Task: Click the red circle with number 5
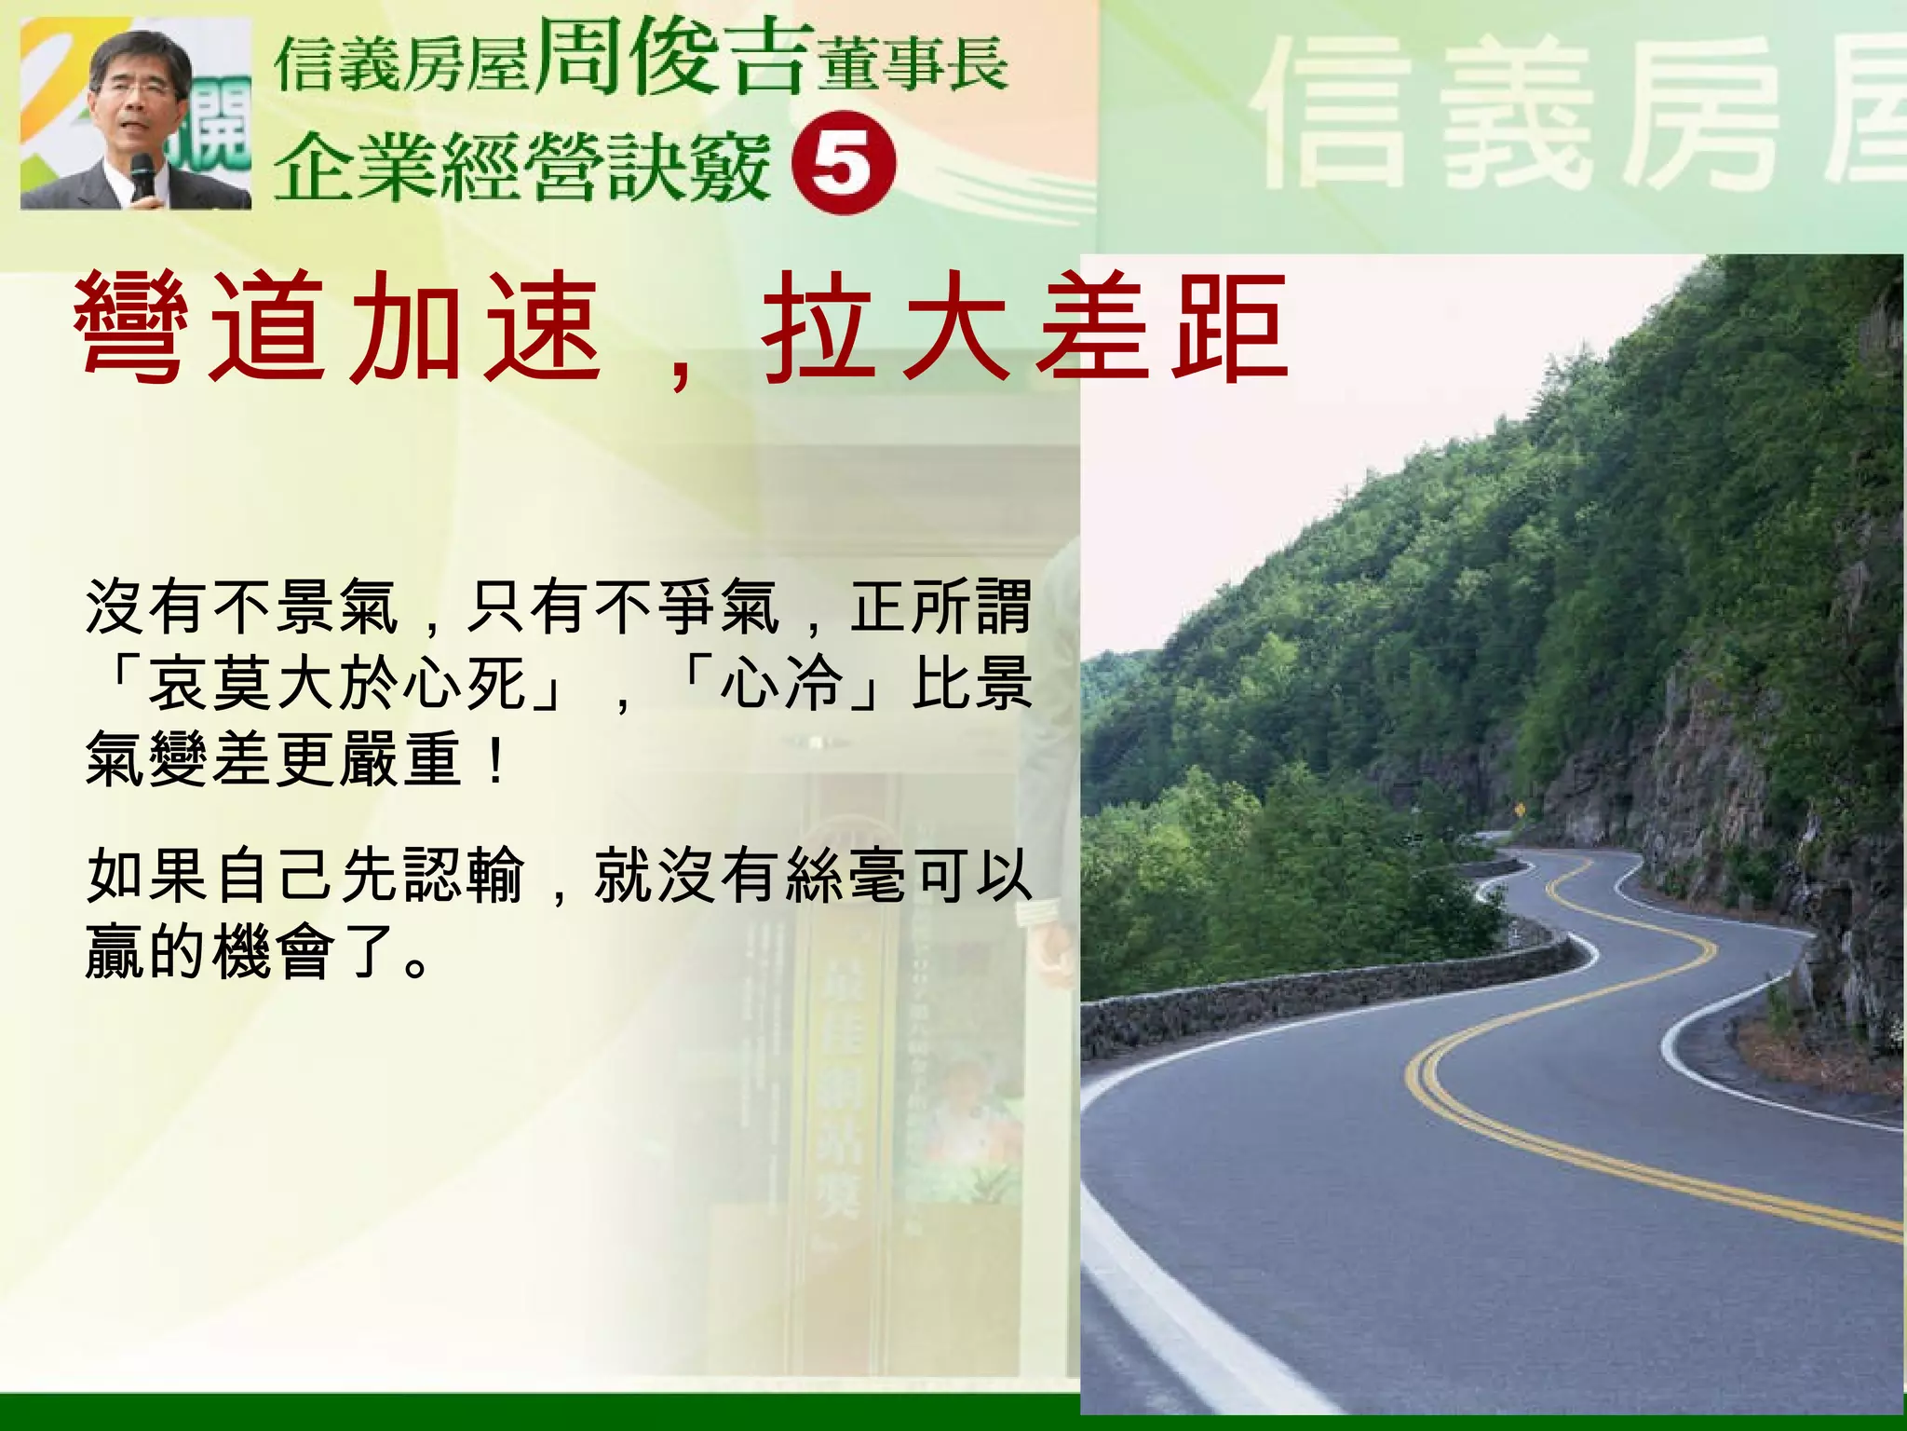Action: coord(843,163)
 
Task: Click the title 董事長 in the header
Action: coord(913,65)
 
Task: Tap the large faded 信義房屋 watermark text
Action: coord(1574,116)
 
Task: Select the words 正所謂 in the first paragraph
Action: coord(940,606)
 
